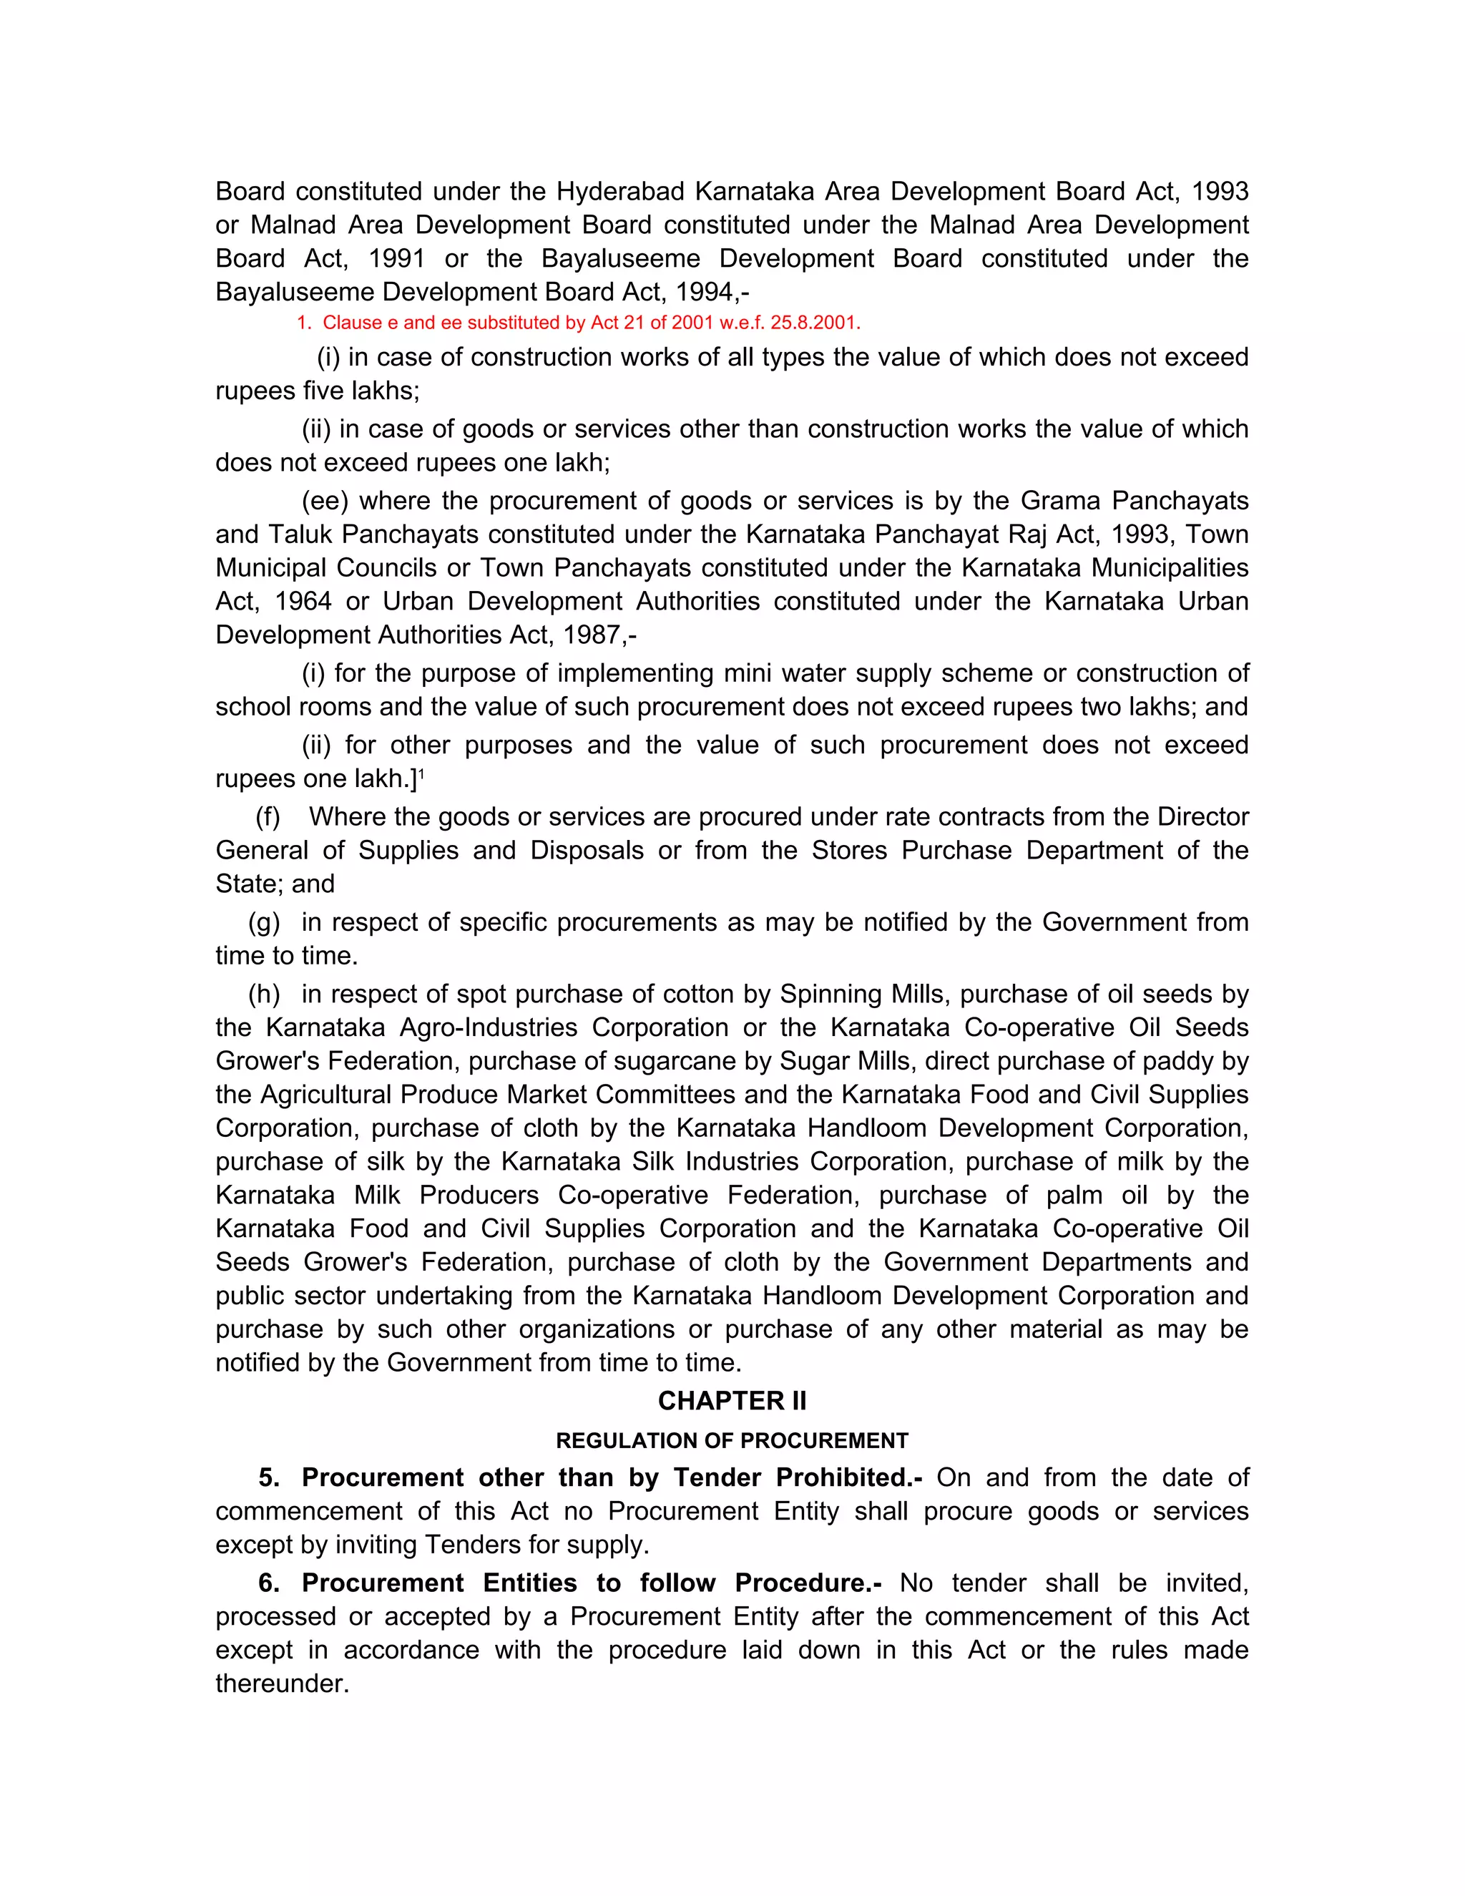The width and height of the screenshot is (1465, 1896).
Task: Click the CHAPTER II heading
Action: (x=732, y=1401)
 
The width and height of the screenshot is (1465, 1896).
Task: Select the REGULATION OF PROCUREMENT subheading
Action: (x=732, y=1441)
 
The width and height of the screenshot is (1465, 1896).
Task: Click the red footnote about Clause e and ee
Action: (x=578, y=323)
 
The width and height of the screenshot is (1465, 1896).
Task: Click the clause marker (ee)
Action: (x=325, y=501)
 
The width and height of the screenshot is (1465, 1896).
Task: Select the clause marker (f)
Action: (x=268, y=817)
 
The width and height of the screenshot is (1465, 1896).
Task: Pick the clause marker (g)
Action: (x=264, y=922)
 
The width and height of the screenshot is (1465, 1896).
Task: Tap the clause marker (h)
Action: (x=264, y=994)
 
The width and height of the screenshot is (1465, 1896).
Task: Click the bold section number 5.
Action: (x=269, y=1477)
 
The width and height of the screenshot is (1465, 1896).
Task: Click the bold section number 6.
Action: (x=269, y=1583)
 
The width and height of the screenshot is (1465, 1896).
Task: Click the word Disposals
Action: (x=587, y=851)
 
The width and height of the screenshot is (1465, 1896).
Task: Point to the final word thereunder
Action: (x=282, y=1684)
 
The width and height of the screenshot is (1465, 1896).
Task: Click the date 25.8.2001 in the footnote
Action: (x=815, y=323)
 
